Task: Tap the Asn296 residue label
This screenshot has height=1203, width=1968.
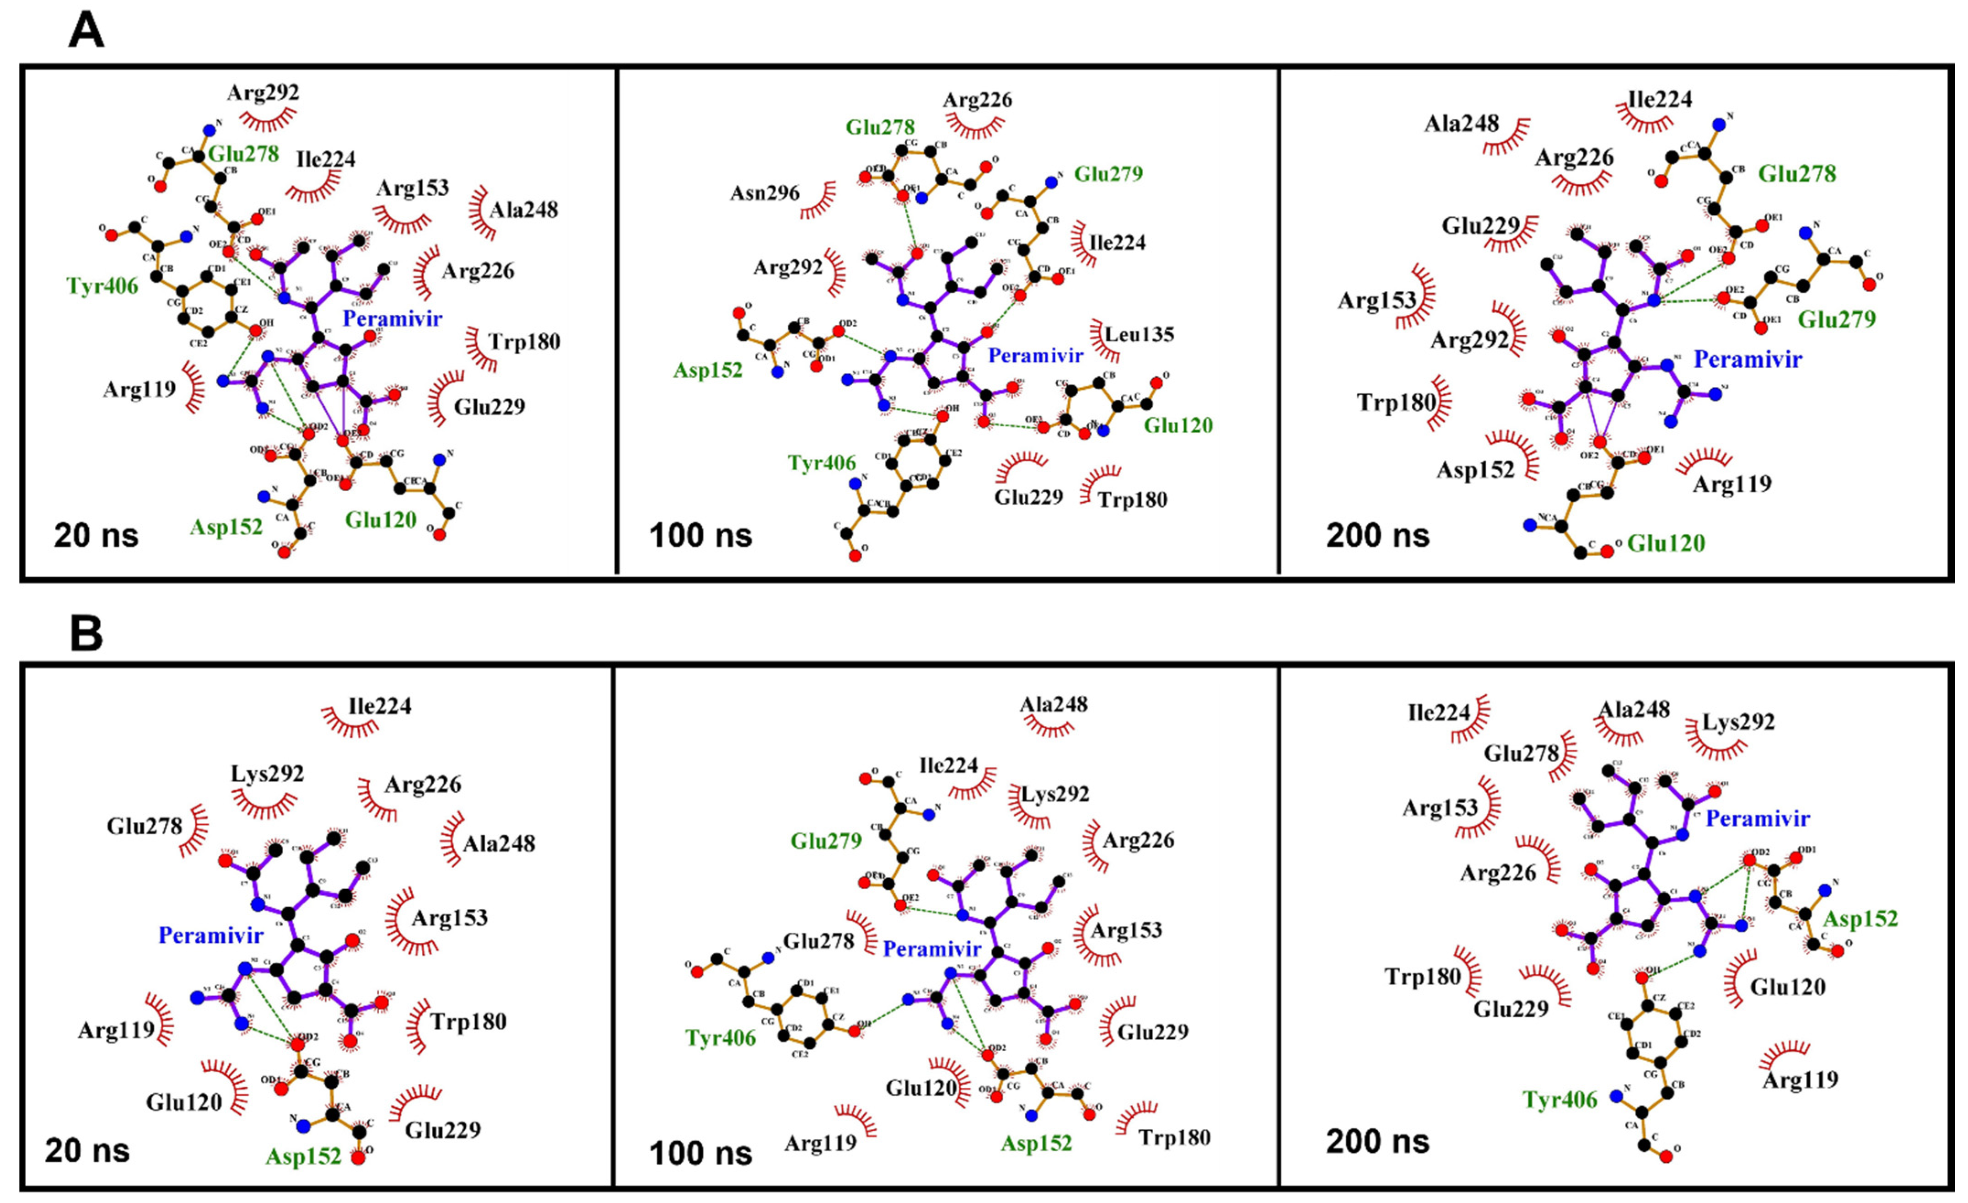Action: click(764, 193)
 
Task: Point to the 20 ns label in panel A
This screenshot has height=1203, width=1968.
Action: click(96, 535)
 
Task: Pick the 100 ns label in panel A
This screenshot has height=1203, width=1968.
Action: click(700, 535)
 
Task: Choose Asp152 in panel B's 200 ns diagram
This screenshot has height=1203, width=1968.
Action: click(1860, 918)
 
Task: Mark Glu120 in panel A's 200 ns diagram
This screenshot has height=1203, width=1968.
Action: click(1666, 543)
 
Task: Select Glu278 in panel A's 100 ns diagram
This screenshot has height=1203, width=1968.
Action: click(880, 127)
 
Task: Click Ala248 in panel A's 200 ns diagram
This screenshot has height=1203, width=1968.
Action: click(1462, 123)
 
